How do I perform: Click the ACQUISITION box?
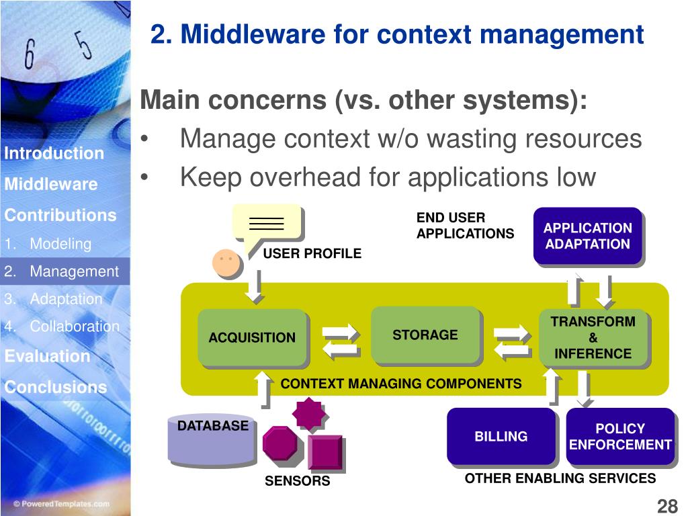tap(252, 337)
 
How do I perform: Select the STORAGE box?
tap(425, 335)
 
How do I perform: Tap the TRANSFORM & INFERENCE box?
tap(593, 337)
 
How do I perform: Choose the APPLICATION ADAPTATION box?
tap(587, 236)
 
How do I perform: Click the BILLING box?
tap(501, 437)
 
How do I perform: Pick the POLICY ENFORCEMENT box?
tap(619, 437)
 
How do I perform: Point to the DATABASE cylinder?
tap(212, 440)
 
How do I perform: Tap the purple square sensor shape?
tap(325, 452)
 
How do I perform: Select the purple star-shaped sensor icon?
tap(309, 413)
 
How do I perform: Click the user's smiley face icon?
tap(226, 263)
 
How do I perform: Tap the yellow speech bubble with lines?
tap(265, 222)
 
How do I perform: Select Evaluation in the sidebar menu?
tap(47, 356)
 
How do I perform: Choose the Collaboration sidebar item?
tap(74, 327)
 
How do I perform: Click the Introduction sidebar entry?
tap(54, 153)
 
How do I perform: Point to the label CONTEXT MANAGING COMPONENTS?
tap(400, 384)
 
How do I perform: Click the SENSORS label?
tap(297, 481)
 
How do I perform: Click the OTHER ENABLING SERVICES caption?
tap(560, 478)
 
